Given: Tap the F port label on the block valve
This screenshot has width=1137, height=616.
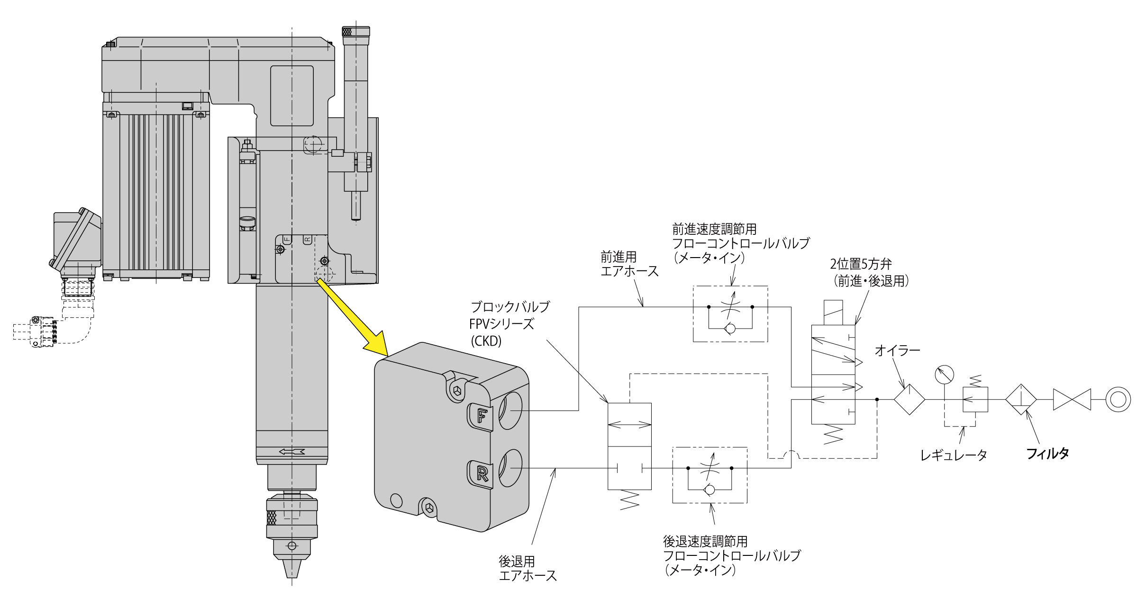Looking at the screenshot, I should pos(481,415).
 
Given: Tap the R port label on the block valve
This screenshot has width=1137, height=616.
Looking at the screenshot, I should pos(481,473).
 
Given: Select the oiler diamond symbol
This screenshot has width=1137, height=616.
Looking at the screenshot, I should pos(909,400).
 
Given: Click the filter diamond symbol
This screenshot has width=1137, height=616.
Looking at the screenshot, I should pos(1021,400).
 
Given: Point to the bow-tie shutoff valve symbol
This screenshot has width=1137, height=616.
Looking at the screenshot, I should pos(1072,400).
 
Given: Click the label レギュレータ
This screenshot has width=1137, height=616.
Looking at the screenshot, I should pos(954,455).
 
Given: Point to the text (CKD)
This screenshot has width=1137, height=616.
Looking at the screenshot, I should pos(486,341).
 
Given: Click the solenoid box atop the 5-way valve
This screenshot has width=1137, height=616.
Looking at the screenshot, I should pos(839,312).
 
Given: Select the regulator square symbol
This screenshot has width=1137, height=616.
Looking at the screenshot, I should pos(975,400).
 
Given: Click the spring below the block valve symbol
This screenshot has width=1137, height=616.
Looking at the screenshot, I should pos(629,499).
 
